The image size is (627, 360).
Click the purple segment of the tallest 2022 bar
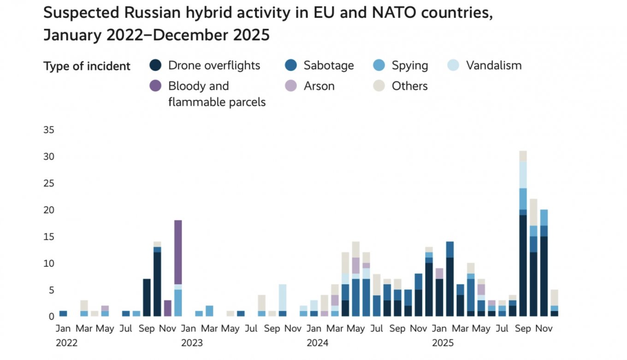[x=178, y=252]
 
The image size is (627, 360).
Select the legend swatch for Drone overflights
[x=156, y=65]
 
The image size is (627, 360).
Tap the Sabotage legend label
[x=328, y=65]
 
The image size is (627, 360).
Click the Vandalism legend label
[x=493, y=65]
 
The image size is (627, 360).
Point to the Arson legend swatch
[x=291, y=86]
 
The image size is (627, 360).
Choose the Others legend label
[x=409, y=86]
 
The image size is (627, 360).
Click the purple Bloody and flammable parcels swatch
[x=156, y=86]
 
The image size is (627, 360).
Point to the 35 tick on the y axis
[x=49, y=130]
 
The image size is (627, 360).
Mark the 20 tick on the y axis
[x=49, y=210]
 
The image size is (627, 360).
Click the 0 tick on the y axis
[x=52, y=317]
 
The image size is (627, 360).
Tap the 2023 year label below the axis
[x=192, y=343]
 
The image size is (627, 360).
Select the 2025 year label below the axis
[x=443, y=343]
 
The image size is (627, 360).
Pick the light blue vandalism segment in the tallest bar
[x=523, y=175]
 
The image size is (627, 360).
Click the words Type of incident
[x=87, y=66]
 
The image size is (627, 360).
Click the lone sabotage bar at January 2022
[x=63, y=313]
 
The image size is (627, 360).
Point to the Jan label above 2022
[x=63, y=329]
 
